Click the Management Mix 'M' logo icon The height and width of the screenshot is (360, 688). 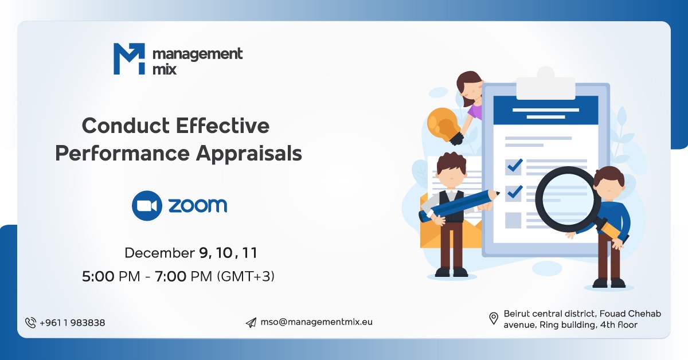point(130,59)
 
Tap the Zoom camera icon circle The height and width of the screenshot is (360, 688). point(147,206)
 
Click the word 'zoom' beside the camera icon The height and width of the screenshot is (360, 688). point(198,206)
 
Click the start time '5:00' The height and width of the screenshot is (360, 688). point(98,276)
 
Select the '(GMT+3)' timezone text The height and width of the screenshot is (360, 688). point(245,276)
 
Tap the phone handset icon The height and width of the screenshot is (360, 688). point(30,323)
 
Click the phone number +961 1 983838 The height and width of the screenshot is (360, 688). point(72,323)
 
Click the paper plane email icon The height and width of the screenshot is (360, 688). point(251,323)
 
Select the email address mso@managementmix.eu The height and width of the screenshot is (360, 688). point(316,322)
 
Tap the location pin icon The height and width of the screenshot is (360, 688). point(493,319)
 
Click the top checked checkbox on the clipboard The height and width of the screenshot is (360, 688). point(514,166)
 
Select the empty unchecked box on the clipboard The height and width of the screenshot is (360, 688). point(514,220)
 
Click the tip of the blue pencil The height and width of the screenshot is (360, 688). point(497,194)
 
